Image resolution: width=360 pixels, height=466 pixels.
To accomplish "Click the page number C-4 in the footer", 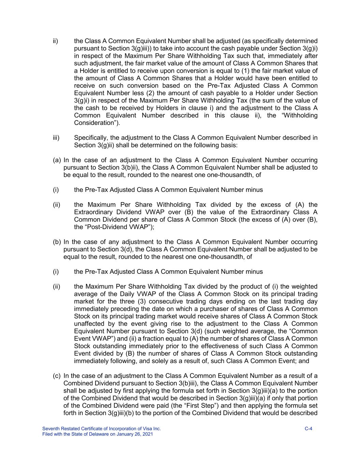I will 308,428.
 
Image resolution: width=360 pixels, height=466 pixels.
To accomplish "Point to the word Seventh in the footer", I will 50,428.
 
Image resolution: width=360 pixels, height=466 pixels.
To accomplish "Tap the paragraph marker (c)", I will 57,376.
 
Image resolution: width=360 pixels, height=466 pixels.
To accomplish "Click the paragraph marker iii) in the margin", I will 56,138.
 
